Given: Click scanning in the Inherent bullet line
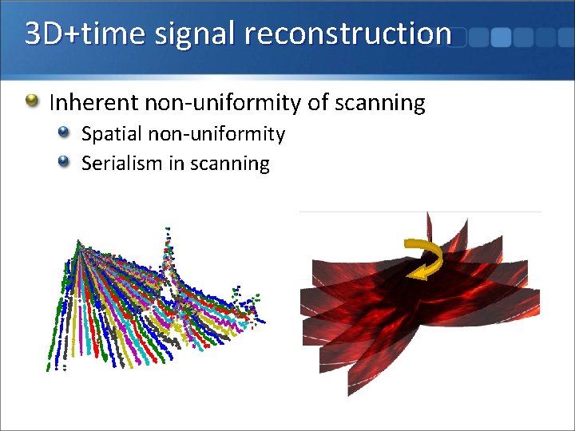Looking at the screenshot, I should [x=377, y=102].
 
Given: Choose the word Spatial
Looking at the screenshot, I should [x=109, y=134].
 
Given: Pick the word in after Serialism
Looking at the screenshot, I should [x=176, y=164].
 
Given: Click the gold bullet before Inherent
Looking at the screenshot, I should [x=31, y=101].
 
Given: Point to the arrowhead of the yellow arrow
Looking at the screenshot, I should [x=415, y=274].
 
